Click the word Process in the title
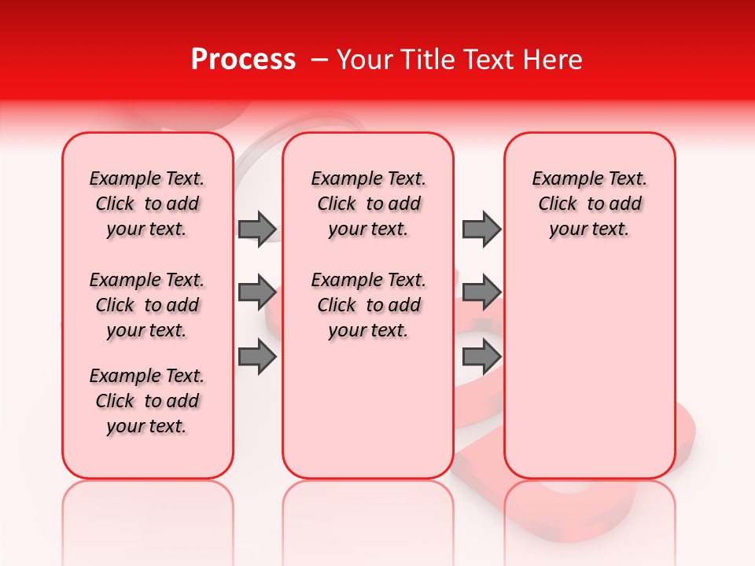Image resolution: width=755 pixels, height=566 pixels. pos(243,60)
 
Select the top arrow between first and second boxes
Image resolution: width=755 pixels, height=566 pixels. pos(257,229)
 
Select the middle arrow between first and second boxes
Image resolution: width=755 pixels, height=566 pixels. pos(257,292)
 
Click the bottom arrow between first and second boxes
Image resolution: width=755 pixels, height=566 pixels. pos(257,357)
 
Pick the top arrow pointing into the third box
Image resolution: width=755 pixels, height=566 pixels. pos(481,229)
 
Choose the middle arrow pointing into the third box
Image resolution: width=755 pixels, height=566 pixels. pos(481,292)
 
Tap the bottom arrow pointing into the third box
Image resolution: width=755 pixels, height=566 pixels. pos(481,357)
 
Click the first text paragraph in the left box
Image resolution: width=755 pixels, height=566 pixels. pos(147,204)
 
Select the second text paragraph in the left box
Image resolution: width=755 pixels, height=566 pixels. pos(147,305)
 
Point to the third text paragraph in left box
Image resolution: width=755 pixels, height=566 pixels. pos(147,401)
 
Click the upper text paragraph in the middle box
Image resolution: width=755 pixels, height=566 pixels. pos(368,204)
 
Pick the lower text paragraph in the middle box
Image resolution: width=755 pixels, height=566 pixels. pos(368,305)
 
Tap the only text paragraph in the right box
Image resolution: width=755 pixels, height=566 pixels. pos(589,204)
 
